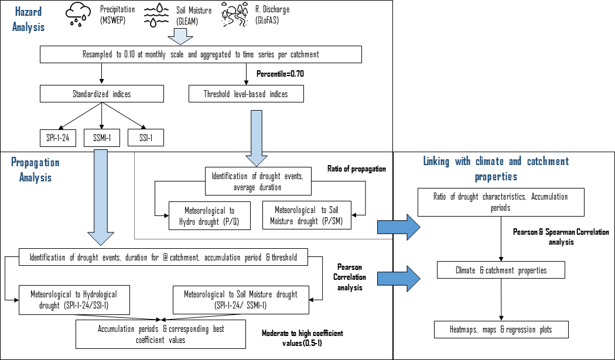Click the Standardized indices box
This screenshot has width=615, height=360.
pyautogui.click(x=101, y=94)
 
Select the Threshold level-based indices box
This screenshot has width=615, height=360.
pyautogui.click(x=246, y=94)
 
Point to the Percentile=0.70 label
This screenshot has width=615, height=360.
pyautogui.click(x=280, y=74)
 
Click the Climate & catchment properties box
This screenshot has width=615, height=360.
pyautogui.click(x=501, y=270)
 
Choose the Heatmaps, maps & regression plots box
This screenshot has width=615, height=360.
pyautogui.click(x=501, y=330)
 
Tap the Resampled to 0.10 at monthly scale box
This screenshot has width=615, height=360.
pyautogui.click(x=201, y=54)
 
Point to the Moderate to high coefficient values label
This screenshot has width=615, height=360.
pyautogui.click(x=302, y=337)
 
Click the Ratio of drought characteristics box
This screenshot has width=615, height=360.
pyautogui.click(x=501, y=203)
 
